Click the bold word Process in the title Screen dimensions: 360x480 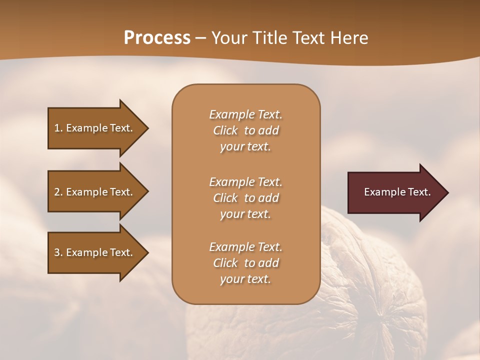157,38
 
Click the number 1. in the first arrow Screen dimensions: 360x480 58,128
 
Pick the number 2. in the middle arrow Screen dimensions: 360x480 58,192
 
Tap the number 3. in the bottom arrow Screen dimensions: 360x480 58,252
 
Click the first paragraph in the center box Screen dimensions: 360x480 245,130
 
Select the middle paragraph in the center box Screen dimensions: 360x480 245,197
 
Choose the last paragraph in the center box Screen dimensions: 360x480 245,263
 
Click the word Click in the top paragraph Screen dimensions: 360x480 225,130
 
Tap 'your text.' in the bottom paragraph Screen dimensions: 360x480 245,279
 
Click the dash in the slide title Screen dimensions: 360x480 201,38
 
